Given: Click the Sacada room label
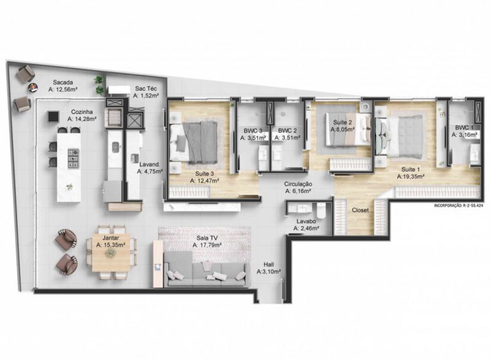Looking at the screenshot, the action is click(63, 83).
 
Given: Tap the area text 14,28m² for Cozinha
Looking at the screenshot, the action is click(82, 119).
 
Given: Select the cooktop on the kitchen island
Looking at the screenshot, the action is click(74, 159).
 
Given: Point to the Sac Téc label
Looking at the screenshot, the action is click(146, 89).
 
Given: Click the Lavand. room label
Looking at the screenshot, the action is click(150, 164).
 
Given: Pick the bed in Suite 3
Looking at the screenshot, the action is click(193, 142).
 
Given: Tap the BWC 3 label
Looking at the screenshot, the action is click(253, 131).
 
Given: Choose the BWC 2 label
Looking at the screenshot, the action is click(287, 131).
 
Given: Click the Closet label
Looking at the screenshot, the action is click(360, 210).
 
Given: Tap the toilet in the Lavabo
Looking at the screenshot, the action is click(321, 210).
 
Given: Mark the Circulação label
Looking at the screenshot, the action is click(298, 184).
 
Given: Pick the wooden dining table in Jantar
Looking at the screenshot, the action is click(110, 252).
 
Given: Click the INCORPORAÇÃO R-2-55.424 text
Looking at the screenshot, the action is click(458, 206).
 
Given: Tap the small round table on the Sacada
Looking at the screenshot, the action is click(33, 88).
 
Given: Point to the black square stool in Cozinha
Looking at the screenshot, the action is click(53, 117).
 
